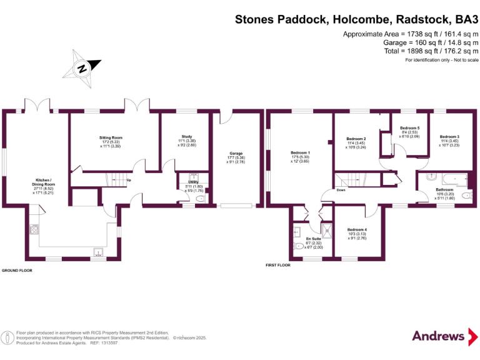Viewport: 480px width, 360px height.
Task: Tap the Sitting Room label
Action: click(111, 137)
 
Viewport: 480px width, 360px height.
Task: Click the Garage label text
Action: click(236, 153)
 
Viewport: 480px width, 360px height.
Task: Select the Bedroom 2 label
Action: click(356, 139)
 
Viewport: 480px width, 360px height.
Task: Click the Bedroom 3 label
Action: click(449, 136)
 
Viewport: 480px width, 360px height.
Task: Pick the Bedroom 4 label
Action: click(357, 229)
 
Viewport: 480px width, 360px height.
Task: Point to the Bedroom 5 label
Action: click(409, 127)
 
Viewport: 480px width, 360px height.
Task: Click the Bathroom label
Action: click(444, 189)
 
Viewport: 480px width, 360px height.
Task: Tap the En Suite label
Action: click(312, 238)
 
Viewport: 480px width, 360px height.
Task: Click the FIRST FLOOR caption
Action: click(278, 266)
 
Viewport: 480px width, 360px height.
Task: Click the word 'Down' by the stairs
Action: click(341, 189)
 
